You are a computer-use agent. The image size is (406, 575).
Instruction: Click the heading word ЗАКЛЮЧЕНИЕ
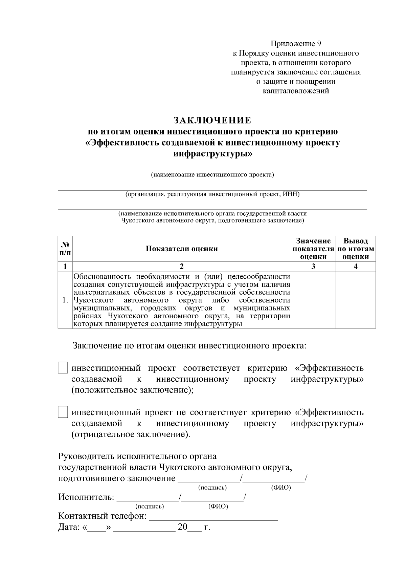pyautogui.click(x=212, y=120)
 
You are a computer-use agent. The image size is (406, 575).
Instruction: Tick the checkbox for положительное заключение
pyautogui.click(x=63, y=367)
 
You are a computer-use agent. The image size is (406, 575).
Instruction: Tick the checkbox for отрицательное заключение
pyautogui.click(x=63, y=412)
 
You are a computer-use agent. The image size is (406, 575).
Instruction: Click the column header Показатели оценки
pyautogui.click(x=182, y=249)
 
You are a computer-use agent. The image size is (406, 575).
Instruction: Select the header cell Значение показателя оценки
pyautogui.click(x=313, y=249)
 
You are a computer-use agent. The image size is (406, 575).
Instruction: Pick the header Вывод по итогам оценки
pyautogui.click(x=356, y=249)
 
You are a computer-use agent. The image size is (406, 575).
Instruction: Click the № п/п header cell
pyautogui.click(x=65, y=249)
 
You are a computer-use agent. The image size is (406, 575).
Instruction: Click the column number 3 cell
pyautogui.click(x=313, y=267)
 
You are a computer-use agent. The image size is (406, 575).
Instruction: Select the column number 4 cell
pyautogui.click(x=356, y=267)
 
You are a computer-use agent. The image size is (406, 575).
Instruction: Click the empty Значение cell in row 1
pyautogui.click(x=313, y=300)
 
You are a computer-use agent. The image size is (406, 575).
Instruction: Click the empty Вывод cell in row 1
pyautogui.click(x=356, y=300)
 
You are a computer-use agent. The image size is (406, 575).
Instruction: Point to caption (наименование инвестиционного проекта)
pyautogui.click(x=212, y=175)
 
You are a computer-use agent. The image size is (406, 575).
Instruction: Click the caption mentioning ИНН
pyautogui.click(x=212, y=194)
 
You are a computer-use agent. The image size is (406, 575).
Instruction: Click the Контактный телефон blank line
pyautogui.click(x=213, y=517)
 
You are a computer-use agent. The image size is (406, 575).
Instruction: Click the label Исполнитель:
pyautogui.click(x=86, y=497)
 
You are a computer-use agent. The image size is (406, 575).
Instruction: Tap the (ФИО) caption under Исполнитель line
pyautogui.click(x=218, y=507)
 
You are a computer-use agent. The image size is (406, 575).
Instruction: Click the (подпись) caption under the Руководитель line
pyautogui.click(x=212, y=488)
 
